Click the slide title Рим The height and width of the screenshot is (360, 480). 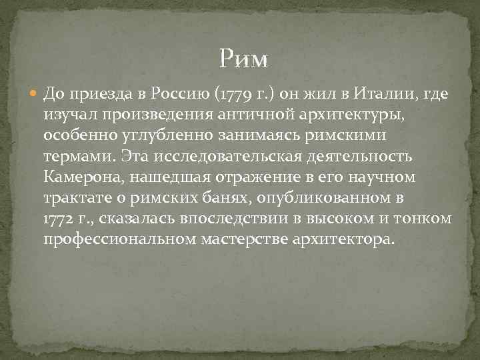[x=243, y=59]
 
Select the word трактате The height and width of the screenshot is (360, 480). [x=75, y=198]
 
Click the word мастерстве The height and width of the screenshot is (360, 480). [x=243, y=239]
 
